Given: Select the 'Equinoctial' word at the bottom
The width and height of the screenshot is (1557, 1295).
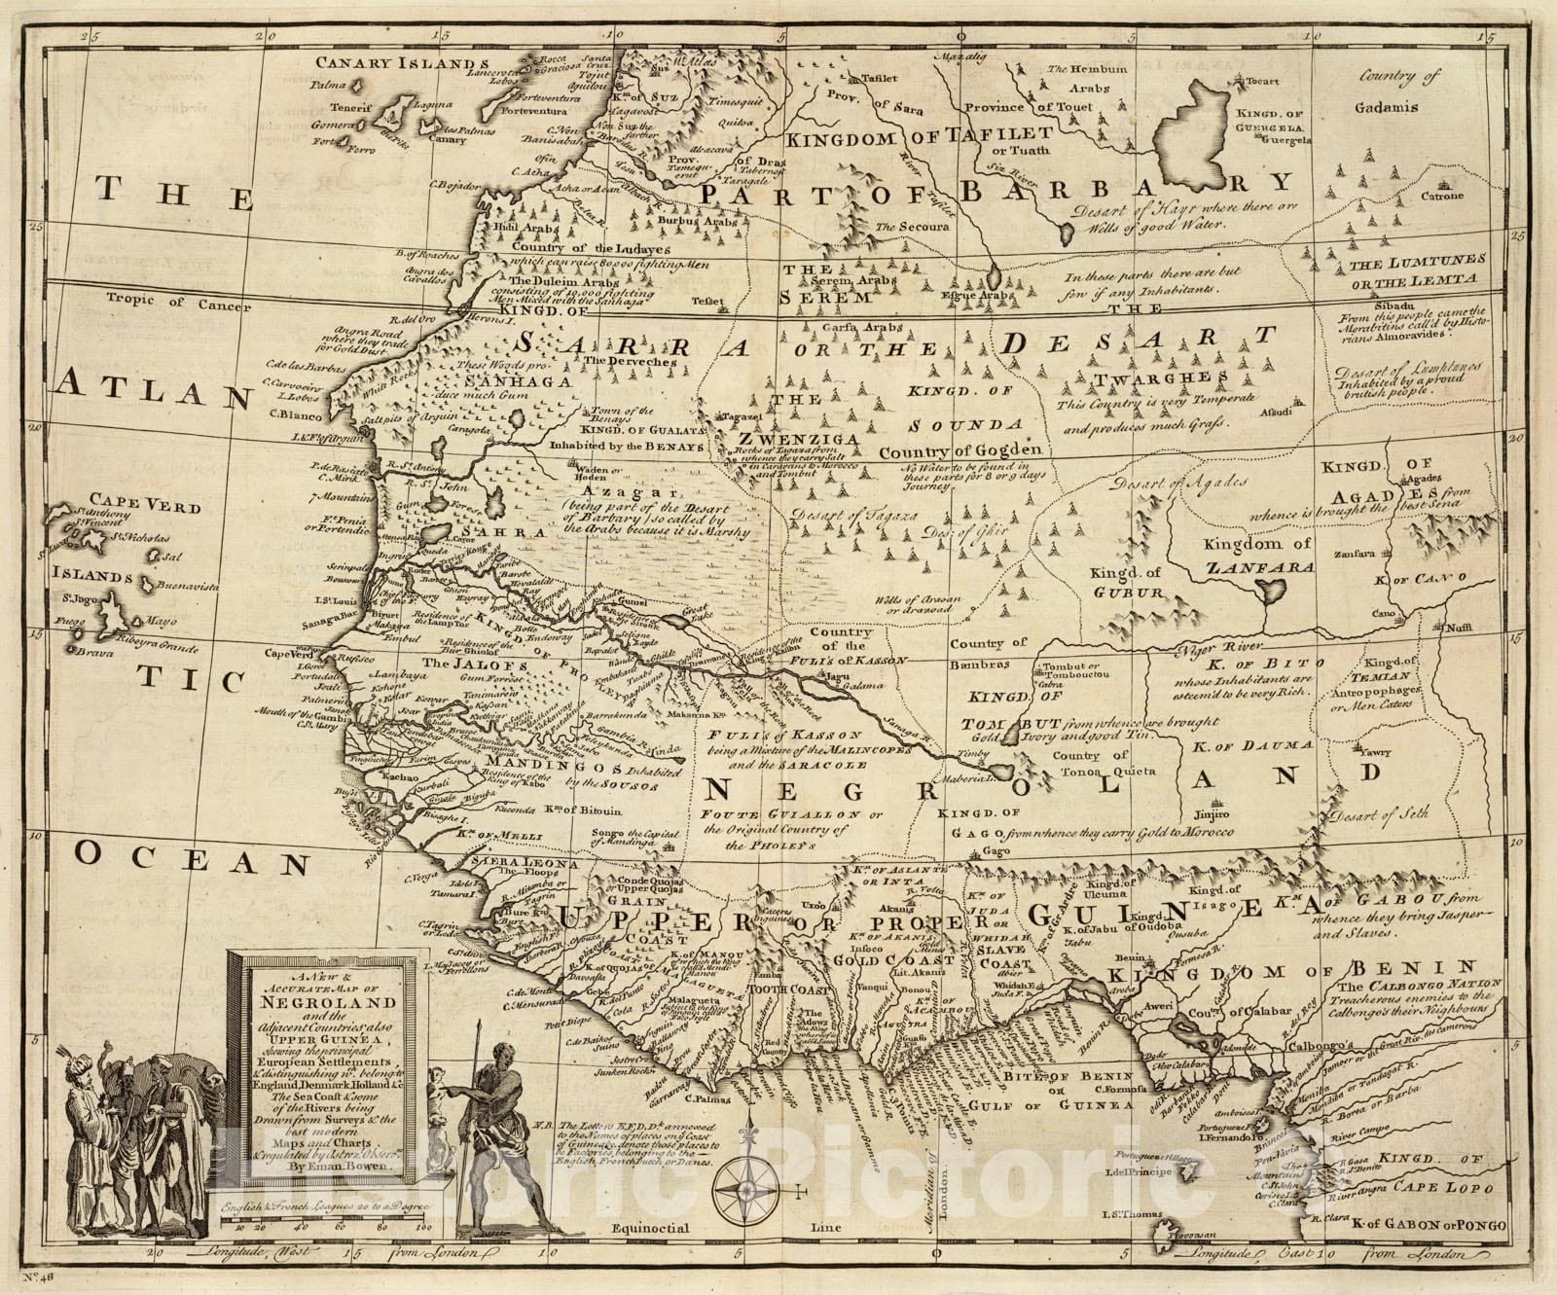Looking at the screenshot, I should (x=656, y=1228).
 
